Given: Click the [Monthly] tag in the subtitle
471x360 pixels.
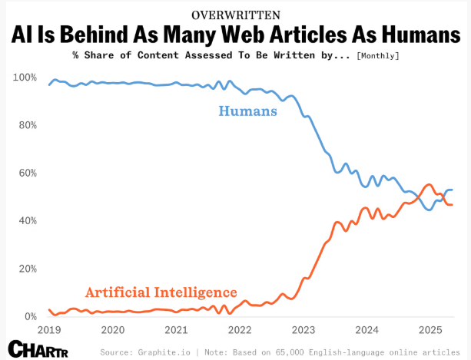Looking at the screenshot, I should [378, 56].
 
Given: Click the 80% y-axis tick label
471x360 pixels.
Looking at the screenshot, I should [27, 125].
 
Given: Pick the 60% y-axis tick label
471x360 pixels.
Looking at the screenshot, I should [27, 173].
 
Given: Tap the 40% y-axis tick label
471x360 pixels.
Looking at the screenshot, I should [27, 221].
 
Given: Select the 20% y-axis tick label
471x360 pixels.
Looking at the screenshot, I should [27, 269].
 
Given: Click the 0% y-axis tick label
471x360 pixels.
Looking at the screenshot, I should [30, 316].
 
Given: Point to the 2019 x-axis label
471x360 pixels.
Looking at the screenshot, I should [49, 330].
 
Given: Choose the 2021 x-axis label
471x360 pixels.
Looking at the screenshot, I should [176, 330].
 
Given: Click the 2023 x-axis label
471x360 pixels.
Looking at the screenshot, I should [303, 330].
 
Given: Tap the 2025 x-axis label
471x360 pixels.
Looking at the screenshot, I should [430, 330].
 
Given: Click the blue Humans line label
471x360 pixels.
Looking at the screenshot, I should [248, 111].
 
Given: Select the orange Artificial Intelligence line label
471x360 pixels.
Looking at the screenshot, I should [161, 292].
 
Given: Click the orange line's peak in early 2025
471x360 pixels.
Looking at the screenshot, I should [429, 184].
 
